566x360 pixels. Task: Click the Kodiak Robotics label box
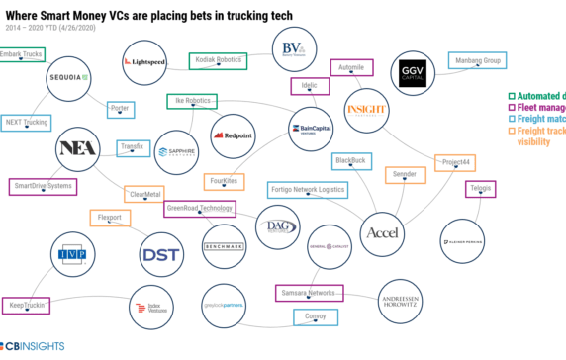coord(218,60)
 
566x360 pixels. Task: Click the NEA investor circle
coord(79,147)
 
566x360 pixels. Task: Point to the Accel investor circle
coord(382,233)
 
